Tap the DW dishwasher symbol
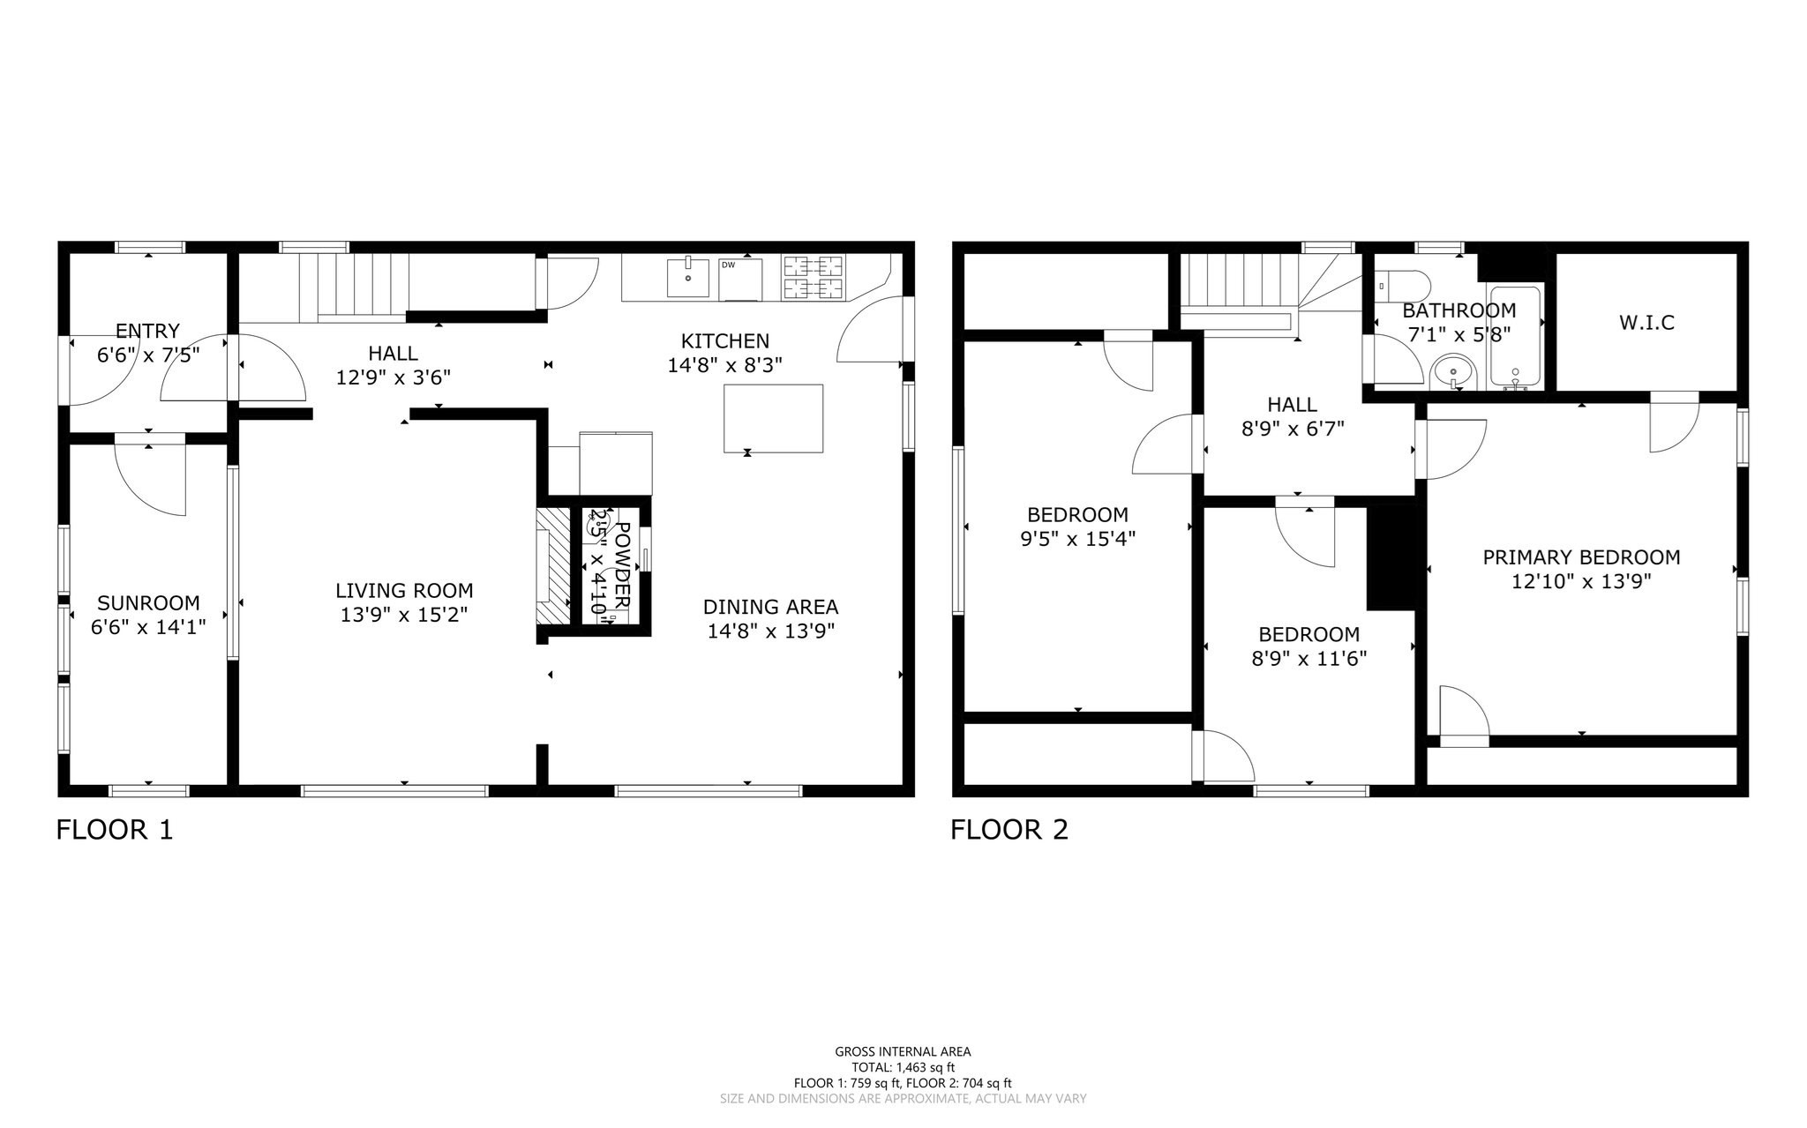click(739, 279)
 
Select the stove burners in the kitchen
click(812, 276)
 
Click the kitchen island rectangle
click(773, 418)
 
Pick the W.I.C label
click(1646, 323)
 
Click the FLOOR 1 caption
click(115, 830)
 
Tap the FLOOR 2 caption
click(1009, 830)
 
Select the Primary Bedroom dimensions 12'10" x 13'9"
click(1580, 581)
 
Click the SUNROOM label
click(148, 603)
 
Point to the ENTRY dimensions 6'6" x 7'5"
click(148, 355)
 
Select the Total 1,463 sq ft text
click(903, 1067)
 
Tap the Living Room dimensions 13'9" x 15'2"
click(404, 615)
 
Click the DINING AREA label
click(770, 607)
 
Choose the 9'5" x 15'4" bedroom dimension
click(1077, 538)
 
